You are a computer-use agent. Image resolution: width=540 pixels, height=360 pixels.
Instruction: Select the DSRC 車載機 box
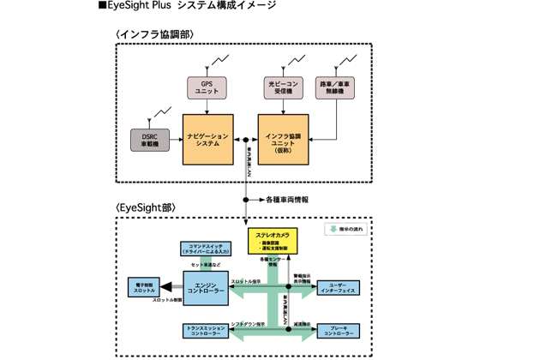pos(150,140)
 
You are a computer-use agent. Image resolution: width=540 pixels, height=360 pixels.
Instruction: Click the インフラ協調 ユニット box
pos(284,140)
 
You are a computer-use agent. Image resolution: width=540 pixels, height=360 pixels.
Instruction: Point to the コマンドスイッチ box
pos(203,249)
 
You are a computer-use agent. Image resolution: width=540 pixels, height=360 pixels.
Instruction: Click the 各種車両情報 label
pos(287,200)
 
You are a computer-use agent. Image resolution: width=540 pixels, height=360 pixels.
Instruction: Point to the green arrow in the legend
pos(330,230)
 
